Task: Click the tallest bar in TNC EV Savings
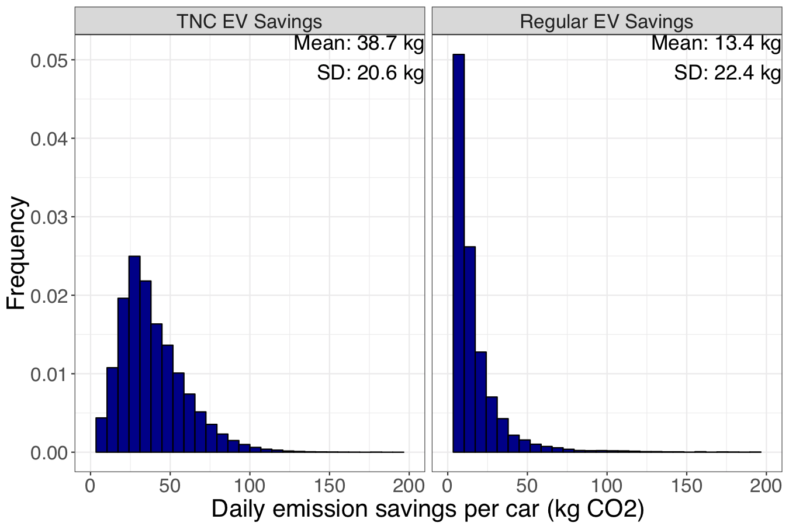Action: (x=134, y=354)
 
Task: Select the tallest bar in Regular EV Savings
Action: (x=459, y=251)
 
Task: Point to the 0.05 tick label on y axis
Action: (x=49, y=61)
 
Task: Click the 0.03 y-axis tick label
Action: (x=49, y=217)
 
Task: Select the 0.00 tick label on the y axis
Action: (x=49, y=453)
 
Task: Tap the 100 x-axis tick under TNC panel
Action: (x=250, y=486)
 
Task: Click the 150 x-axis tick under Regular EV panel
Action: (x=687, y=486)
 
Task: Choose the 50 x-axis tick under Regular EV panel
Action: (x=527, y=486)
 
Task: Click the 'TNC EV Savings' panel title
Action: (x=250, y=22)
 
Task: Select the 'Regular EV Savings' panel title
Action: (x=607, y=22)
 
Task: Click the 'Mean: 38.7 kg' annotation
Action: (x=358, y=43)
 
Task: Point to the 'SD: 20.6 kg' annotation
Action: (x=370, y=73)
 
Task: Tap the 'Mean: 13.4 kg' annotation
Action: (x=716, y=43)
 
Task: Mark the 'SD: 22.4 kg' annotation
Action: (x=727, y=73)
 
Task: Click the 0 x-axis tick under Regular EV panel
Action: (x=448, y=486)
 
